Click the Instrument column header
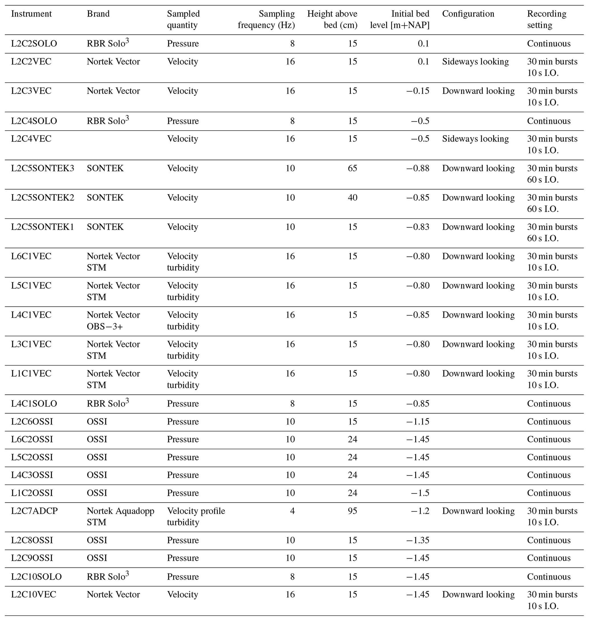tap(31, 14)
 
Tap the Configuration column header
tap(468, 14)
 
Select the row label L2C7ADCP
tap(34, 511)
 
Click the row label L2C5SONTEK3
tap(42, 168)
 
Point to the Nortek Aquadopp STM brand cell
tap(120, 516)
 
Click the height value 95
tap(352, 511)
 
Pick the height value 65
tap(352, 168)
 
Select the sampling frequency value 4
tap(292, 511)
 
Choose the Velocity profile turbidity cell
tap(196, 516)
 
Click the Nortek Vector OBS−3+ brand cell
tap(113, 321)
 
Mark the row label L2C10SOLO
tap(36, 577)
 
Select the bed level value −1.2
tap(420, 511)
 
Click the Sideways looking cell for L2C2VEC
tap(475, 62)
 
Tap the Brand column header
tap(98, 14)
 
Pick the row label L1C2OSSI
tap(32, 493)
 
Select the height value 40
tap(352, 198)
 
